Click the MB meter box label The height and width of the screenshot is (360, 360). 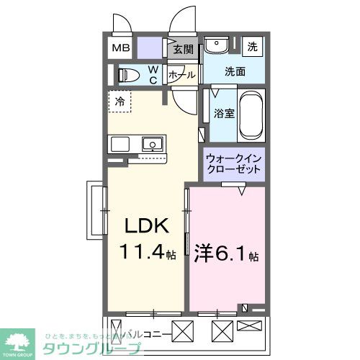point(120,49)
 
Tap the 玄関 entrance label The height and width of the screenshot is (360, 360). point(184,50)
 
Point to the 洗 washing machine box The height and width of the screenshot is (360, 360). point(252,46)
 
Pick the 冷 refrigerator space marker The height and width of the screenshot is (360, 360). point(120,101)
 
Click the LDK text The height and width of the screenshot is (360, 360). point(148,227)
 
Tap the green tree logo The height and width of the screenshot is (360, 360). point(19,340)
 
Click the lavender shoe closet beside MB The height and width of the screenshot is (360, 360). point(151,48)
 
